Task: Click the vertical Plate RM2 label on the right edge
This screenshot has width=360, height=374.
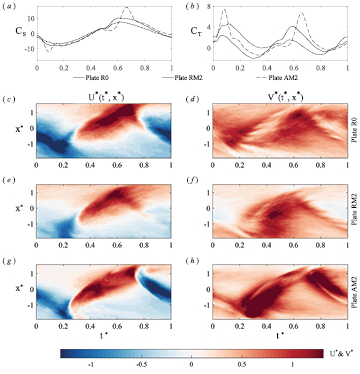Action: coord(352,215)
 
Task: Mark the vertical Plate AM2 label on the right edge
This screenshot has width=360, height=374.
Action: coord(352,297)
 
